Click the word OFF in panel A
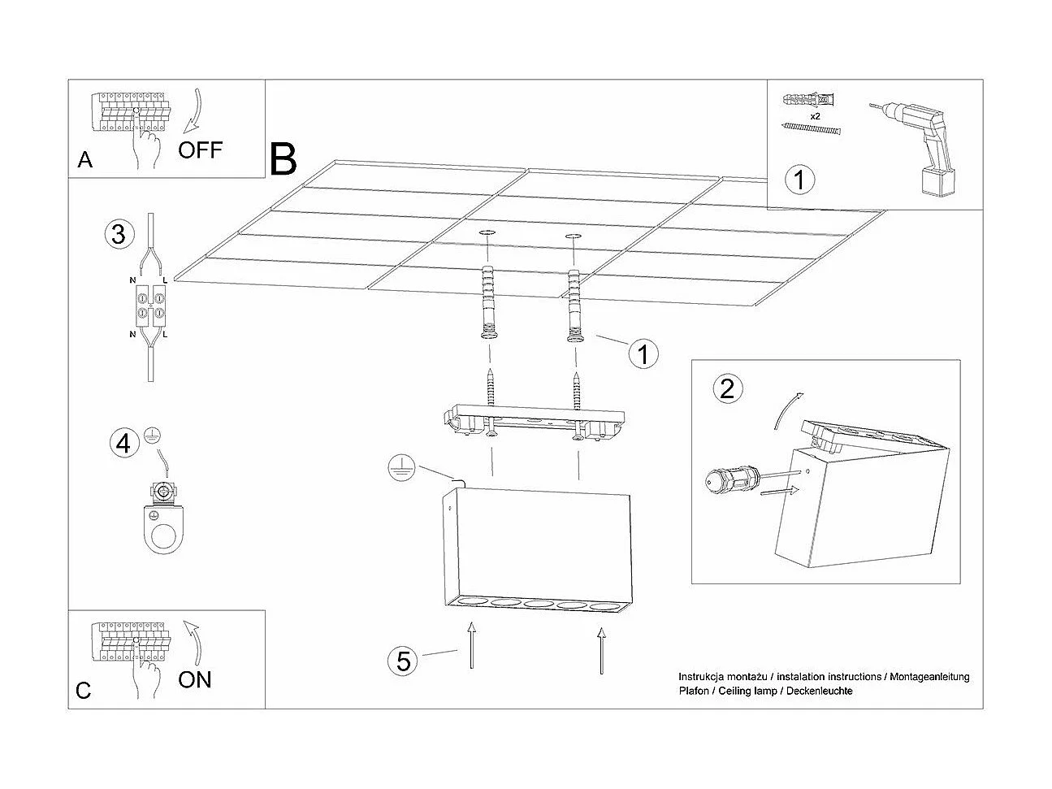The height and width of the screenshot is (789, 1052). click(x=200, y=150)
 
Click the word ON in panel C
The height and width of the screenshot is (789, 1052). click(x=195, y=679)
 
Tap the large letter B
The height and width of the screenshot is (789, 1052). click(x=284, y=159)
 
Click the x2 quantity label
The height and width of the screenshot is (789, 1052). click(x=814, y=117)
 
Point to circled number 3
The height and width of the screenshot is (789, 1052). click(x=119, y=235)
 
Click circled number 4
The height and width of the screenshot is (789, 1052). click(x=123, y=443)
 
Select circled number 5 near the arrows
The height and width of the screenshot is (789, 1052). click(x=404, y=661)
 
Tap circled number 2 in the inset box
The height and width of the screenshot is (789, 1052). click(x=727, y=388)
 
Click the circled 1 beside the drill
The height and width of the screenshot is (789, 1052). click(x=800, y=179)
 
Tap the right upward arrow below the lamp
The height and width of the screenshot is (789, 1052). click(x=601, y=650)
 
